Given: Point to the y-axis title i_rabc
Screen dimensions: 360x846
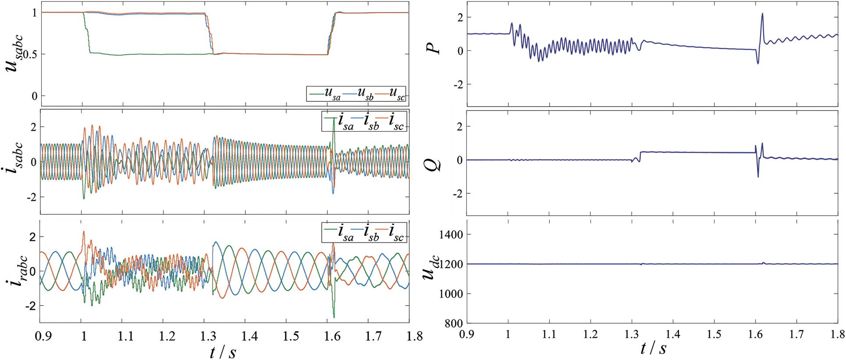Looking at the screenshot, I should pos(17,271).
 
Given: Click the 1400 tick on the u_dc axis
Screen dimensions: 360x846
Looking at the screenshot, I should pos(451,235).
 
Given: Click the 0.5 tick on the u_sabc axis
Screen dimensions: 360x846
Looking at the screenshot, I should pos(27,54).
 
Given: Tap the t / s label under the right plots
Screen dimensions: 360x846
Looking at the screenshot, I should pos(653,349).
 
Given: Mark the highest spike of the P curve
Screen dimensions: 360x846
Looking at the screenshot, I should pos(762,14).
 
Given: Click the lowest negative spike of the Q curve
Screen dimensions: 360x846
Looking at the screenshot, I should pos(758,177).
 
